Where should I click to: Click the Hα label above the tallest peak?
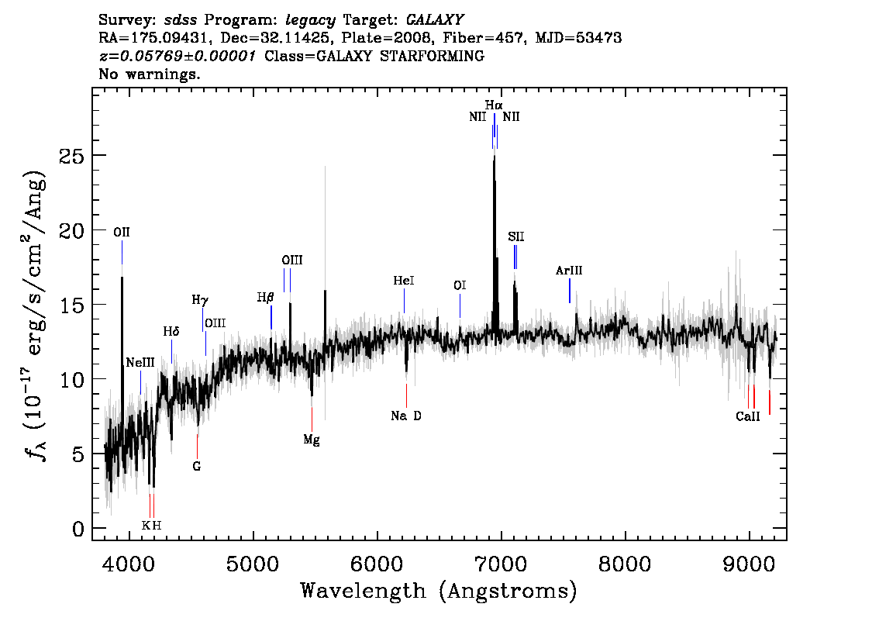tap(494, 105)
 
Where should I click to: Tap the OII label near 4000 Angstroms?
tap(122, 232)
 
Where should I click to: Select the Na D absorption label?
tap(406, 416)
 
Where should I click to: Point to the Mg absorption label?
tap(312, 440)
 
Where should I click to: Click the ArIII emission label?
tap(569, 271)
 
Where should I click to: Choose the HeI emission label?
tap(404, 281)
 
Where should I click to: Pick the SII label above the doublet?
tap(515, 236)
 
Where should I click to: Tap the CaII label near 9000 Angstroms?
tap(748, 416)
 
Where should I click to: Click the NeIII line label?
tap(140, 362)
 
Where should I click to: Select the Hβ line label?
tap(265, 297)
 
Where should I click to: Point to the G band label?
tap(197, 466)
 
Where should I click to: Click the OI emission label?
tap(460, 285)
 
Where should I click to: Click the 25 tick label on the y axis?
tap(71, 155)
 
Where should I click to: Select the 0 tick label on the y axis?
tap(78, 529)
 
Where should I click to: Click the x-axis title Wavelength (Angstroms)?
tap(439, 591)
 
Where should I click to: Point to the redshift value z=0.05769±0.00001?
tap(178, 56)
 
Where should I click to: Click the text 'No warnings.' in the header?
tap(149, 74)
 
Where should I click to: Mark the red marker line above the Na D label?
tap(406, 396)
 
